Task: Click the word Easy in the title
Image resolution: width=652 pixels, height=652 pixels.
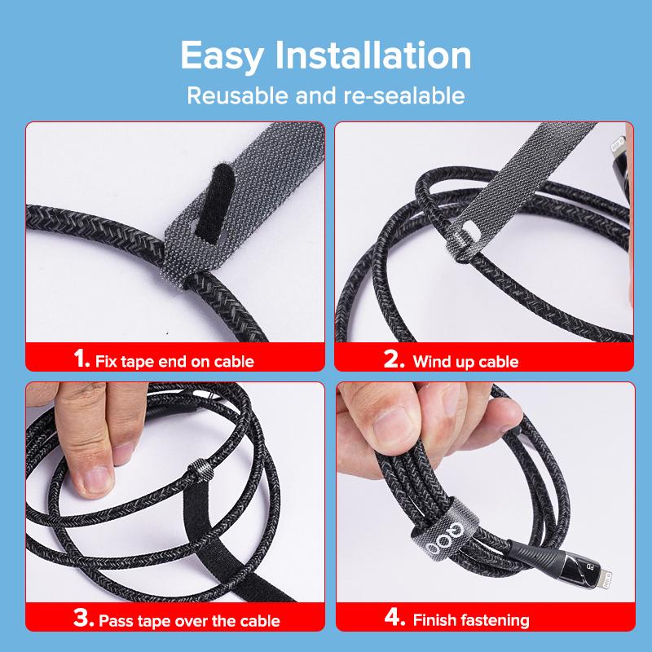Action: click(x=222, y=56)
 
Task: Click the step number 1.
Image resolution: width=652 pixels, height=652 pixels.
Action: click(x=81, y=359)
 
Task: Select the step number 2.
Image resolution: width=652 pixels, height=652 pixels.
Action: click(x=394, y=359)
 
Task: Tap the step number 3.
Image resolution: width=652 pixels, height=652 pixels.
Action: click(x=84, y=619)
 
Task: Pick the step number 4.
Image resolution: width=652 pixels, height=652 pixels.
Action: click(x=395, y=619)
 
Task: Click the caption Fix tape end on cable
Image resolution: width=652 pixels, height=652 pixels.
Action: click(x=174, y=361)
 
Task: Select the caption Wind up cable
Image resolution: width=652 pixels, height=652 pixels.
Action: click(x=465, y=361)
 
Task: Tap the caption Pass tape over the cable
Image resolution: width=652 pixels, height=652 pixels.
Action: click(x=189, y=621)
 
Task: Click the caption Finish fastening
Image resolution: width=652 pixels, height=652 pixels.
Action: click(x=470, y=620)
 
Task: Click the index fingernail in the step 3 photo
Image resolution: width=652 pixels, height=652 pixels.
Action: click(x=96, y=478)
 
